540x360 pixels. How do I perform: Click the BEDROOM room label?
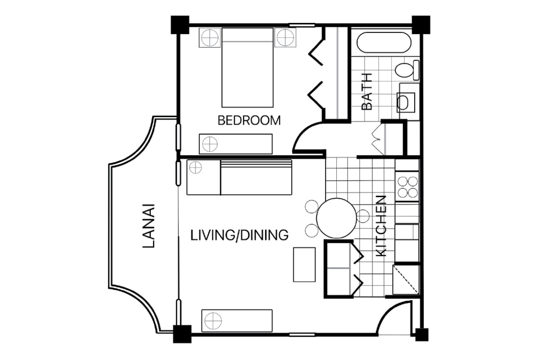point(249,120)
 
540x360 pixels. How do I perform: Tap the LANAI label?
point(149,226)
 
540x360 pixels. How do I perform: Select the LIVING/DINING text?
point(239,235)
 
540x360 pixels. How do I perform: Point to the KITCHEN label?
point(381,226)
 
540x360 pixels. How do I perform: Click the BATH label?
point(367,91)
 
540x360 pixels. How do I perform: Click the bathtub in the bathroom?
point(384,42)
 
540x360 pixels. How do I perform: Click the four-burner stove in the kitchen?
point(407,186)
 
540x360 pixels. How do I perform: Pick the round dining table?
point(336,218)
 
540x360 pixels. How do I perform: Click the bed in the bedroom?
point(247,68)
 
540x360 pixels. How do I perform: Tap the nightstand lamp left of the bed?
point(210,38)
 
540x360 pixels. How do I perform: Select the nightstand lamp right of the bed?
point(286,38)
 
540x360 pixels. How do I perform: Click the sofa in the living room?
point(256,177)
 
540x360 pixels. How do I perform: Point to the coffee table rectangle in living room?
point(304,265)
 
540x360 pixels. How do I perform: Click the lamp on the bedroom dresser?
point(210,144)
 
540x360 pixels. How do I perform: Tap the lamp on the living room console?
point(213,321)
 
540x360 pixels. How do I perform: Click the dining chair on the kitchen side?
point(363,216)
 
